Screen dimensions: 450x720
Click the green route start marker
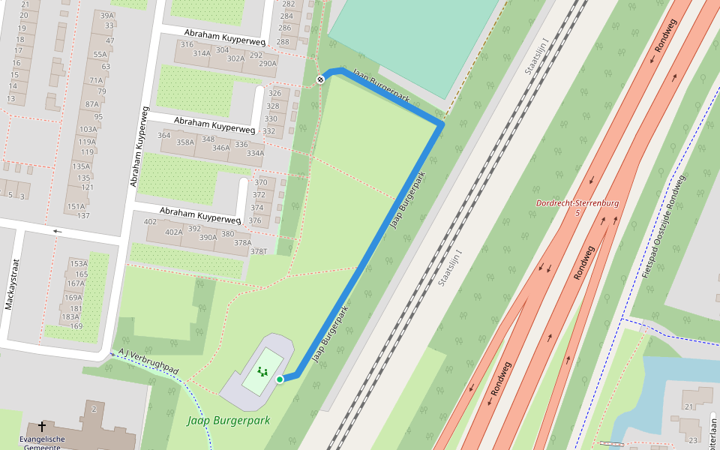[x=280, y=379]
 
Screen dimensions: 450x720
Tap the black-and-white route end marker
[x=320, y=79]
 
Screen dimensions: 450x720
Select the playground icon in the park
[x=262, y=371]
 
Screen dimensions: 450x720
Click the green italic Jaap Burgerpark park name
[x=228, y=421]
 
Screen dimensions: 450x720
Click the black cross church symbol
[x=42, y=427]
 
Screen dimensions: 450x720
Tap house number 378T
[x=259, y=251]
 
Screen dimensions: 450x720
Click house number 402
[x=150, y=221]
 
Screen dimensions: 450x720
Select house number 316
[x=187, y=44]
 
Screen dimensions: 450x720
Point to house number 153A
[x=78, y=263]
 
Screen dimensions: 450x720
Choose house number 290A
[x=268, y=64]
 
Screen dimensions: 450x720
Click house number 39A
[x=106, y=15]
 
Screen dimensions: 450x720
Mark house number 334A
[x=255, y=153]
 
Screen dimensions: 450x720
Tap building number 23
[x=693, y=440]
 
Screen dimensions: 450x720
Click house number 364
[x=164, y=135]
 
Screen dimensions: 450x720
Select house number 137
[x=83, y=216]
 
